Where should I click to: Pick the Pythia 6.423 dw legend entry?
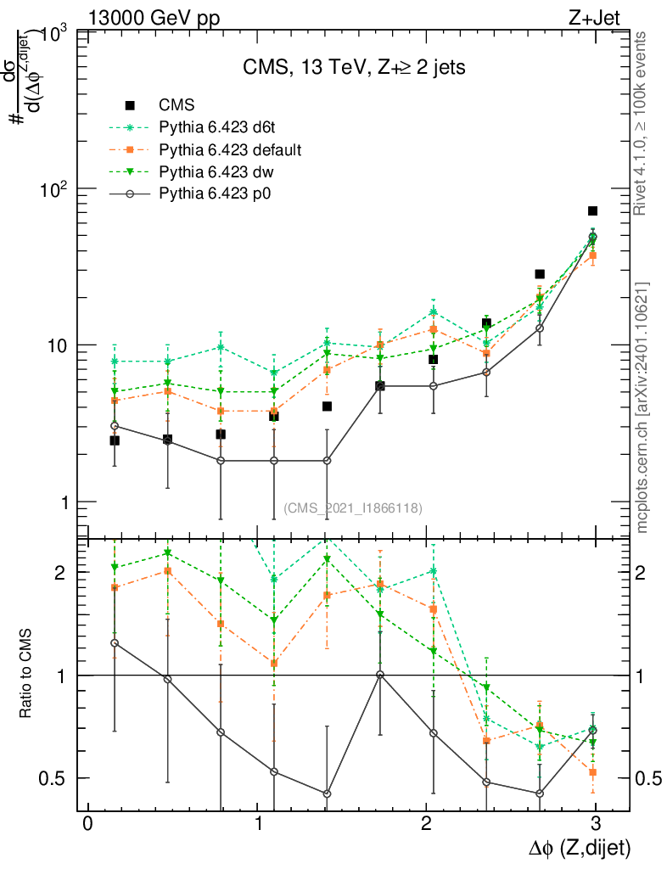click(219, 172)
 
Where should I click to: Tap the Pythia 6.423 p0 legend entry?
click(220, 194)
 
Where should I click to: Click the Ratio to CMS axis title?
click(25, 676)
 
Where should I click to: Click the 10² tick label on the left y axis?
click(53, 188)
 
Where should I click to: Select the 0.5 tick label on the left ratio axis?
click(54, 778)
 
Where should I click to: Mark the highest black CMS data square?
click(592, 210)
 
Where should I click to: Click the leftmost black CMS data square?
click(115, 440)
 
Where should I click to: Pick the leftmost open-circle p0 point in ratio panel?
click(115, 643)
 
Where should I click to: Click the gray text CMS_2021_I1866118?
click(353, 508)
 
